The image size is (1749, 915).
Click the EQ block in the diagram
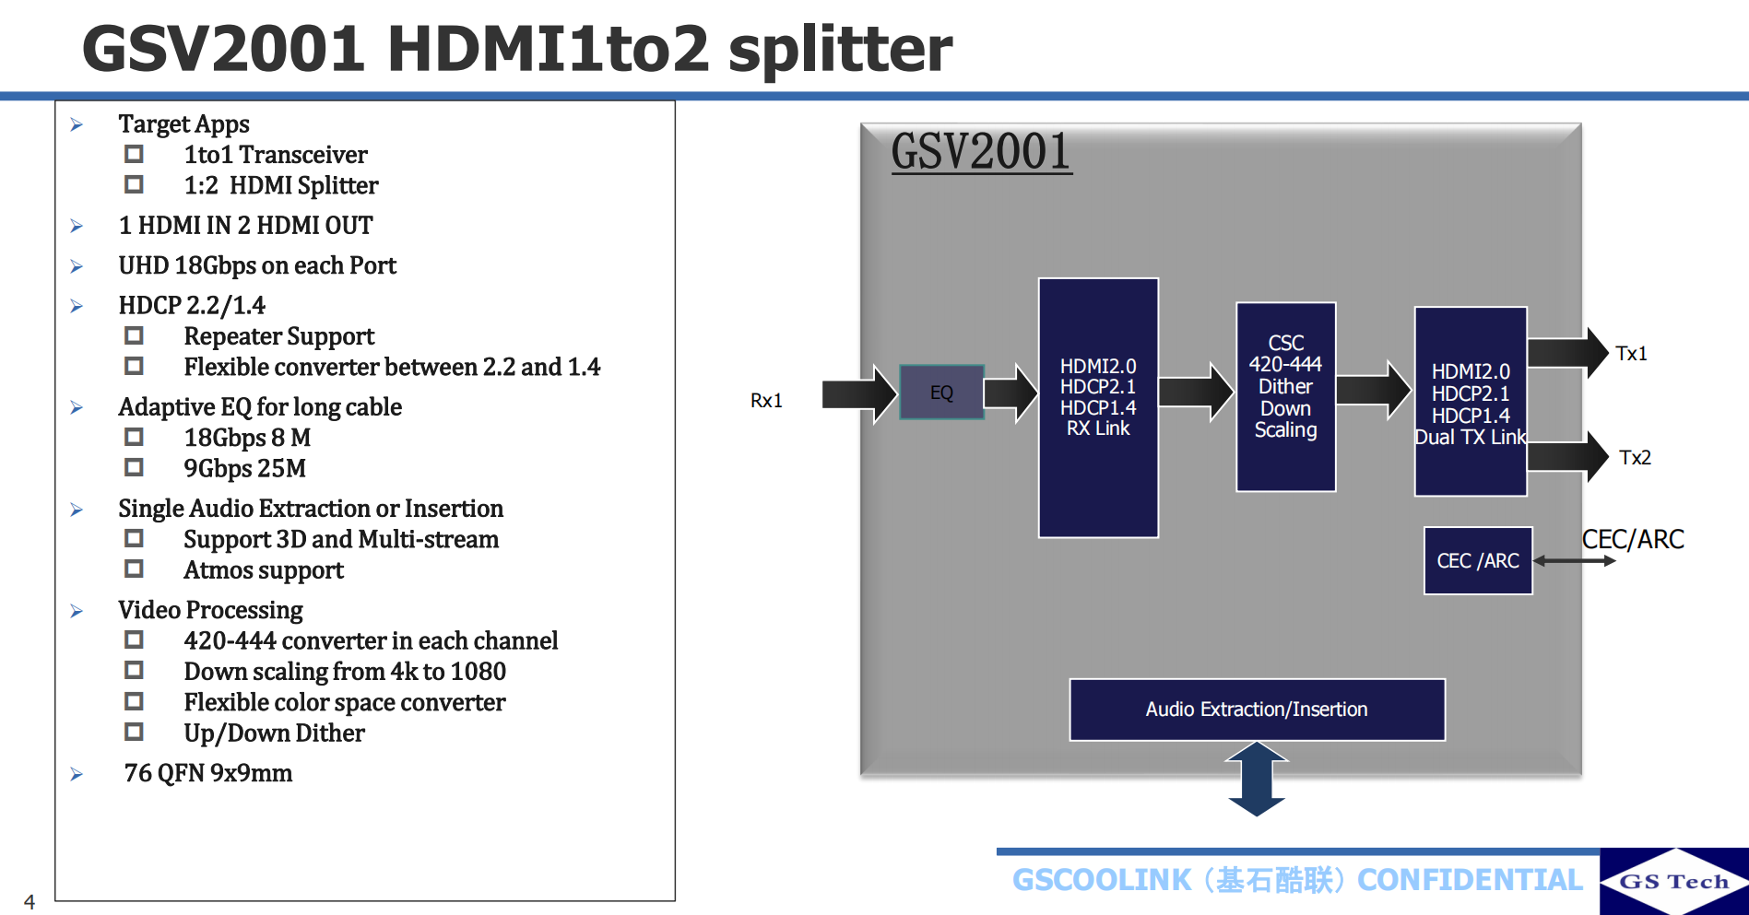click(941, 393)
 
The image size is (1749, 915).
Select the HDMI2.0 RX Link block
click(1098, 406)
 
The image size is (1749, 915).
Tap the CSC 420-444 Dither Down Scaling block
click(1285, 396)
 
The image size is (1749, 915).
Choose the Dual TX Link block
click(1471, 402)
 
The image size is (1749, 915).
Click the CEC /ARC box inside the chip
click(1478, 560)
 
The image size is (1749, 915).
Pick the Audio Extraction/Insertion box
click(1257, 710)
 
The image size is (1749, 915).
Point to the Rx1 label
click(766, 401)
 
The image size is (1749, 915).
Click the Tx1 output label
click(1631, 354)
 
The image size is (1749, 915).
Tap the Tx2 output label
click(1635, 458)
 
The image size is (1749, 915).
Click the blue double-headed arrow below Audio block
click(1257, 780)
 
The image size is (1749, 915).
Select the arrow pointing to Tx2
click(1567, 456)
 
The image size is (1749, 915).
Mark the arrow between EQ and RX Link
click(1011, 393)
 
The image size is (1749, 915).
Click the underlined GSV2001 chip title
click(981, 151)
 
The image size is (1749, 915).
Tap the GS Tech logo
click(1673, 882)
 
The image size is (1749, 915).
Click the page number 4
click(30, 902)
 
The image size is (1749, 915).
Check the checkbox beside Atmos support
click(135, 569)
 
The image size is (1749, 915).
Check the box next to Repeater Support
click(135, 335)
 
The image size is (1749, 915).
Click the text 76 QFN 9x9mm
click(208, 773)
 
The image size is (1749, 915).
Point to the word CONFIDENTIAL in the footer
click(1470, 880)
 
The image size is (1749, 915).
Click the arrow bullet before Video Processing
click(77, 611)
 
